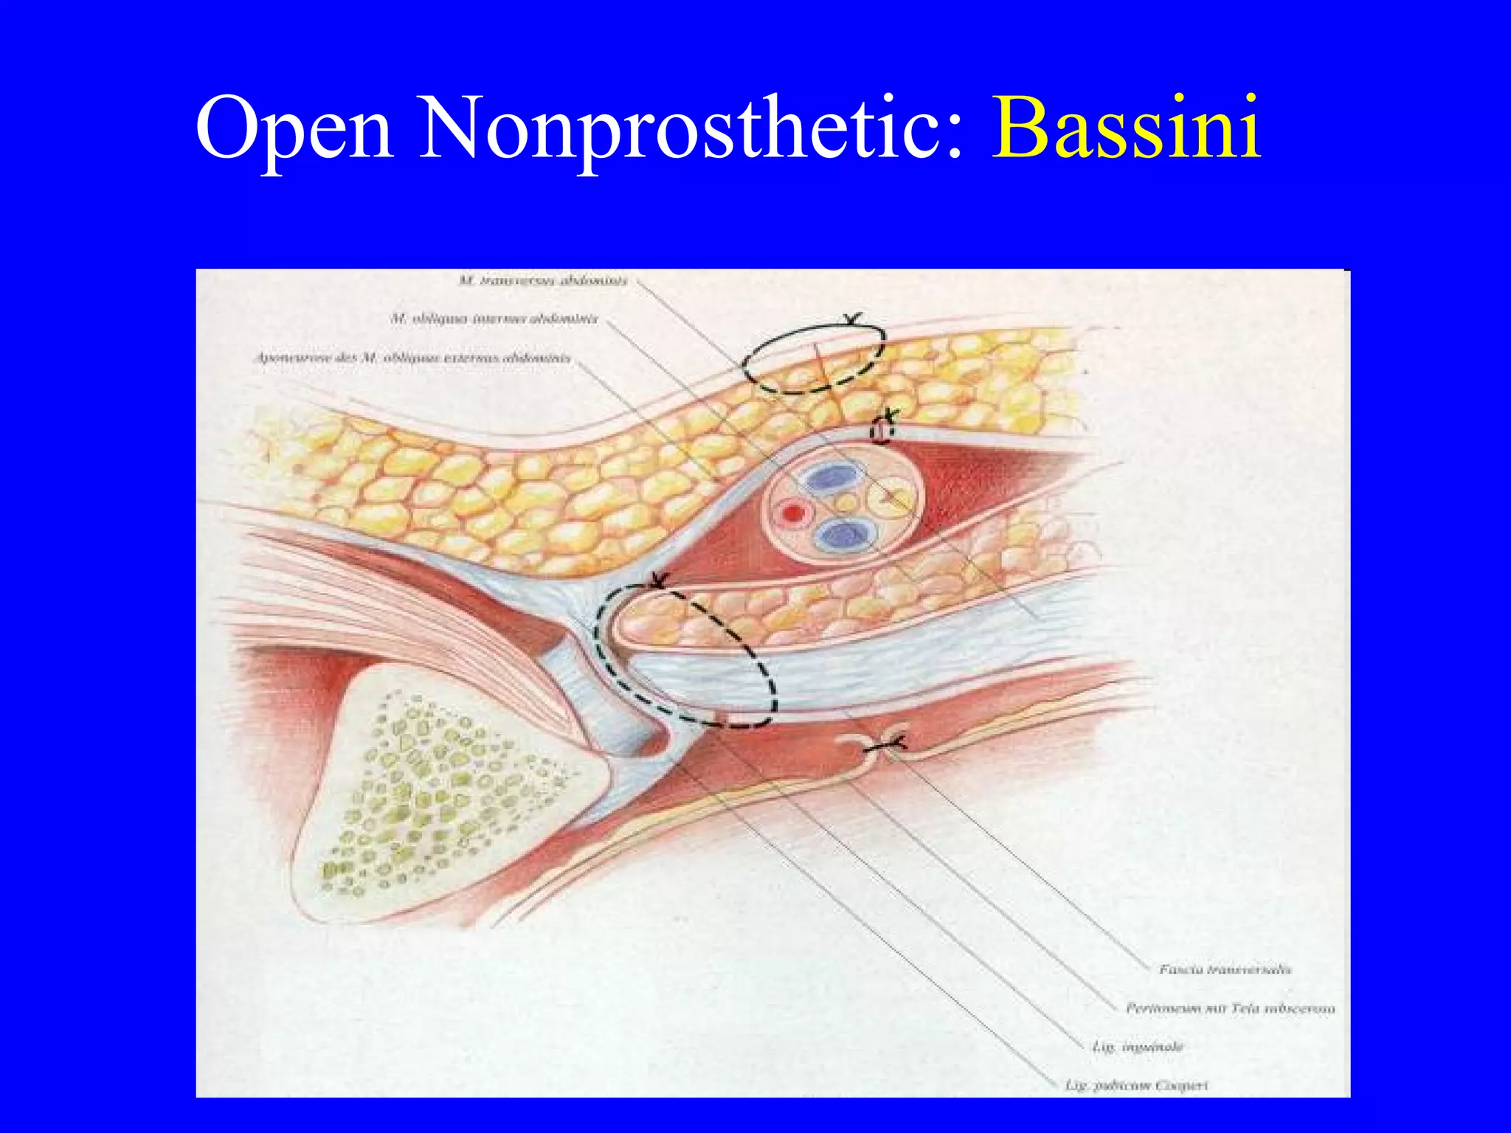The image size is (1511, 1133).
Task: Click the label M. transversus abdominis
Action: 542,280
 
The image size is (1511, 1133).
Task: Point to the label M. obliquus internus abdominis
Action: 494,319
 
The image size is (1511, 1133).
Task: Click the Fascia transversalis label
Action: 1225,969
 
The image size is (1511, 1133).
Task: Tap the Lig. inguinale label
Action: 1137,1047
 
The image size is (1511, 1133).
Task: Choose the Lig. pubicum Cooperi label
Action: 1136,1085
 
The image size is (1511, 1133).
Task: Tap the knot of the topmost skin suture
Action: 852,319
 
